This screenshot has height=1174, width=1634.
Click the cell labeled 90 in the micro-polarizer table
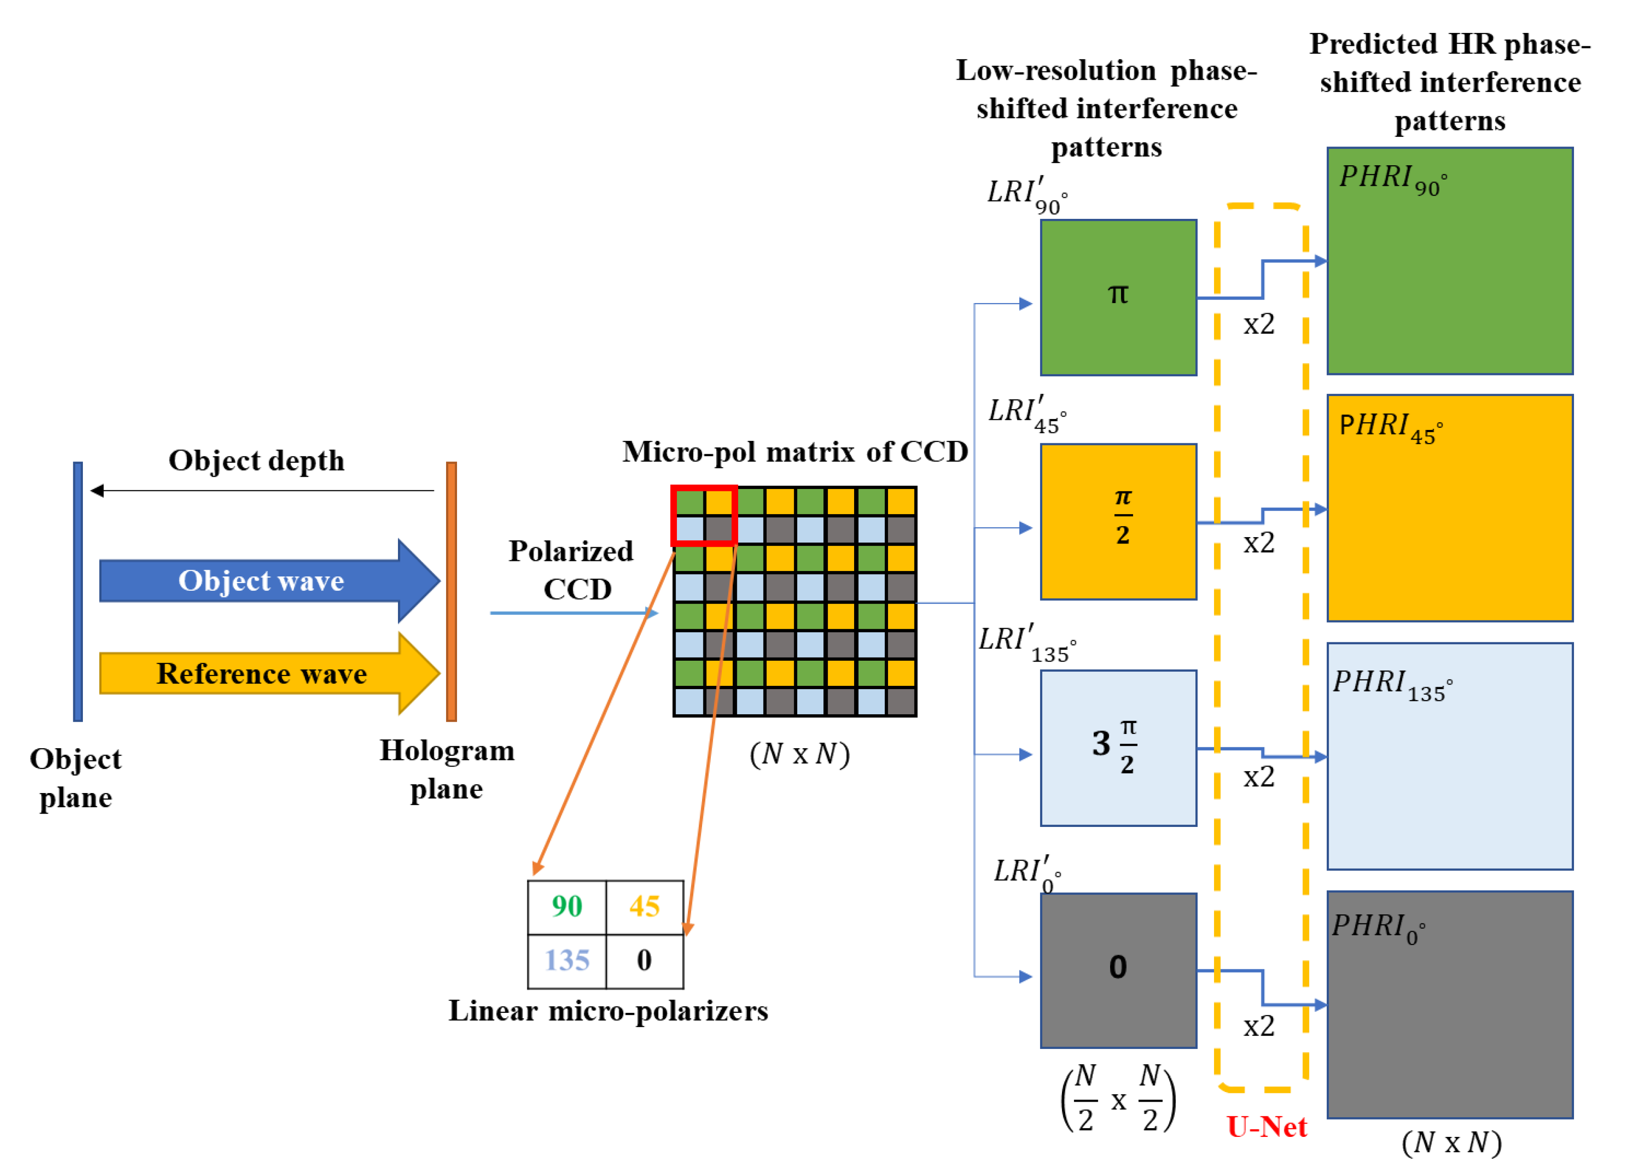(x=567, y=907)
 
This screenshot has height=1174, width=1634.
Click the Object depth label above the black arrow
(x=256, y=461)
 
